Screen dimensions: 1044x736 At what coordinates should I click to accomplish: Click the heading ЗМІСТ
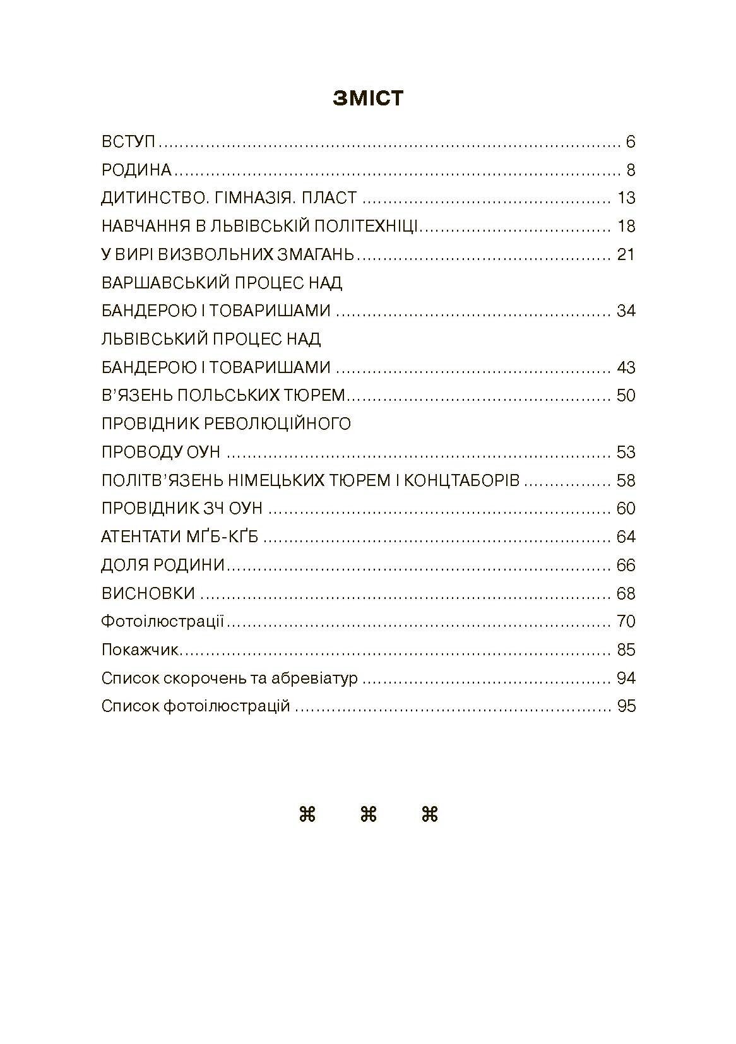coord(368,99)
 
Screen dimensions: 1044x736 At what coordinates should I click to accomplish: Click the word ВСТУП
coord(128,142)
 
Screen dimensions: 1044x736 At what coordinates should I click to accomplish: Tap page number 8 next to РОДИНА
coord(631,170)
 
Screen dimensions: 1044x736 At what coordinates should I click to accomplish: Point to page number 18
coord(626,227)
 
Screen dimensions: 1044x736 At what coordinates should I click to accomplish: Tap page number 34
coord(626,311)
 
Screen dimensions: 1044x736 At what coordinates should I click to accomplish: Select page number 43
coord(626,368)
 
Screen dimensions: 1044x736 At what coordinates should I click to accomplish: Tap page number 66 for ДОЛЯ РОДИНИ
coord(626,566)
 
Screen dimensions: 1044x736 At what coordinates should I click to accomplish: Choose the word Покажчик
coord(139,650)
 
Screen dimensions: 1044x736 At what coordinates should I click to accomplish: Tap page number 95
coord(626,706)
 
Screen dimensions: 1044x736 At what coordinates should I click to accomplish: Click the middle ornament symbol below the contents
coord(368,815)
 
